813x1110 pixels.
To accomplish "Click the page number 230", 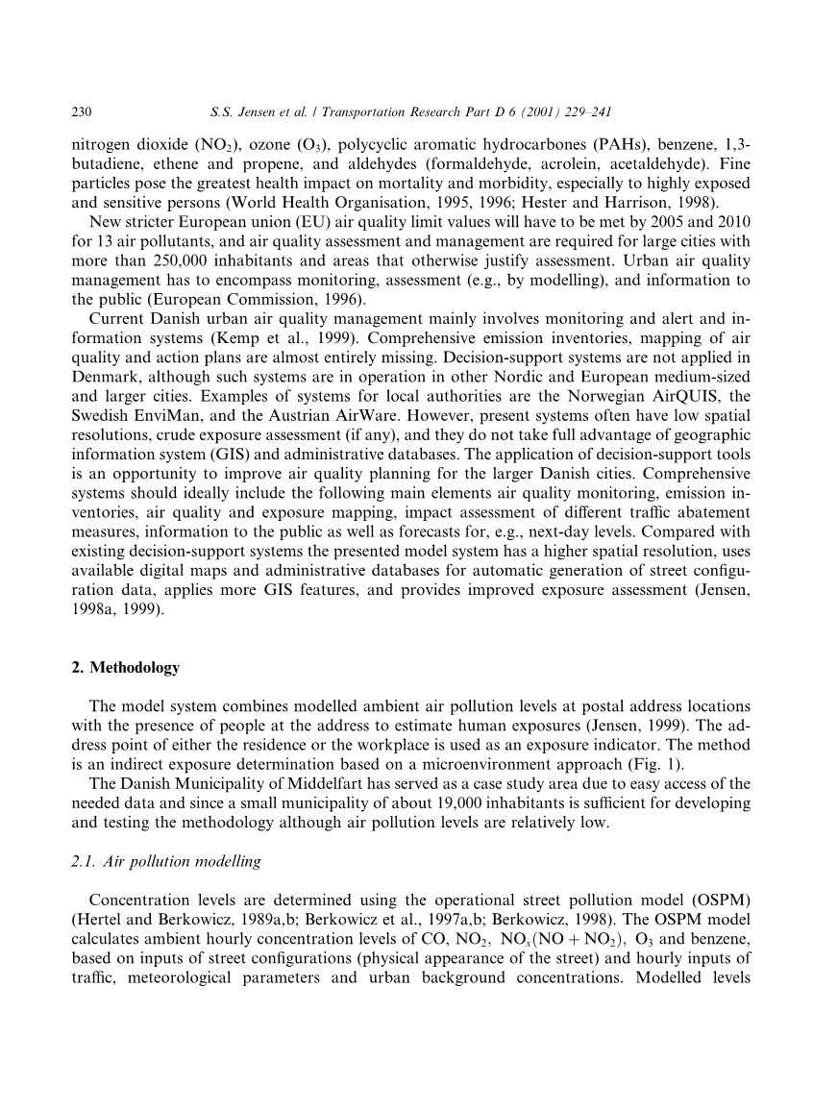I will coord(82,112).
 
